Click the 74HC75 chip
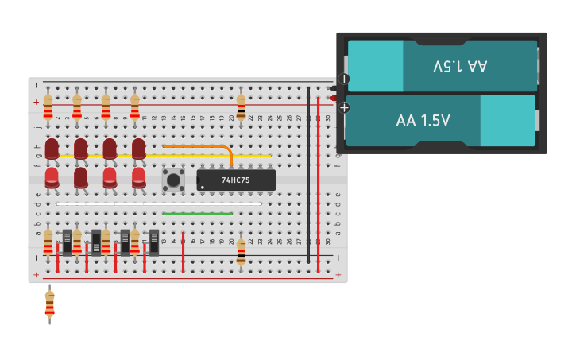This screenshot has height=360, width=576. point(236,180)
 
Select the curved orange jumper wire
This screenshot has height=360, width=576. point(199,146)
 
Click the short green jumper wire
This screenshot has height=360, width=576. point(197,214)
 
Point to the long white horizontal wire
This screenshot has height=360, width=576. point(159,204)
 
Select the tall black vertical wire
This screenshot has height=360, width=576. point(309,175)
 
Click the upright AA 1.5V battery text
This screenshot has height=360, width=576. point(423,121)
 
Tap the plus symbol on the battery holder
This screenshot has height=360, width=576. point(344,107)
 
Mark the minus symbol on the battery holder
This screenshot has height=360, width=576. point(344,79)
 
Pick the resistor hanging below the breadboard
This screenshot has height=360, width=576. point(49,304)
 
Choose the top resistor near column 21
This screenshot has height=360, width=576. point(241,107)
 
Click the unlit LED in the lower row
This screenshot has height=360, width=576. point(81,178)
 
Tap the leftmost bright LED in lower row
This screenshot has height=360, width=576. point(52,178)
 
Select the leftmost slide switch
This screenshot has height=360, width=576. point(68,242)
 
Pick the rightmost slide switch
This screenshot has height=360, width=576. point(154,242)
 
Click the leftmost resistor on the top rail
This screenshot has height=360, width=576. point(48,106)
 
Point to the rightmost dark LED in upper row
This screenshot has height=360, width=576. point(138,149)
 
